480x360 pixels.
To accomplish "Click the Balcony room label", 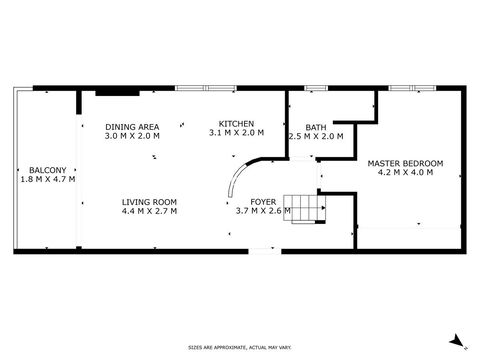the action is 48,170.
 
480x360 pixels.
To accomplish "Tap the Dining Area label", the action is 132,127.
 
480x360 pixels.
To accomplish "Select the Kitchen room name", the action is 236,124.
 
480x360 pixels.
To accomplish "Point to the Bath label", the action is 316,127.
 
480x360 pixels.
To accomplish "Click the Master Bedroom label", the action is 405,164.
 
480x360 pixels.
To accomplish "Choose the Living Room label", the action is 149,202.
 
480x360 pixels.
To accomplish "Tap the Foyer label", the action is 263,202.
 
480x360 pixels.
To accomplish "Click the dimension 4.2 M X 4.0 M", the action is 405,172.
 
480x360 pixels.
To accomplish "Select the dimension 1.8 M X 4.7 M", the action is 48,179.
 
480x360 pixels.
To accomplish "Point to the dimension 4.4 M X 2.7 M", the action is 149,211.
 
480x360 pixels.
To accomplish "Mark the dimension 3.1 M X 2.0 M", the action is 236,133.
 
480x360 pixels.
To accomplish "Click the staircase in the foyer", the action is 304,209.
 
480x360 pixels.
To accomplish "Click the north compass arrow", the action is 457,341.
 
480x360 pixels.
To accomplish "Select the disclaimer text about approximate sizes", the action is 240,348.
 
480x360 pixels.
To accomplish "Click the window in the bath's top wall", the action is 316,88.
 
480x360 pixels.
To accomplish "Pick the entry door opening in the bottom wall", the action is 265,251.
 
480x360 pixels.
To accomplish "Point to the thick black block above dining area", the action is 117,93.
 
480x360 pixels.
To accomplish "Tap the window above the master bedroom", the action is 412,88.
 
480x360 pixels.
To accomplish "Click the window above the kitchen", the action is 206,88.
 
